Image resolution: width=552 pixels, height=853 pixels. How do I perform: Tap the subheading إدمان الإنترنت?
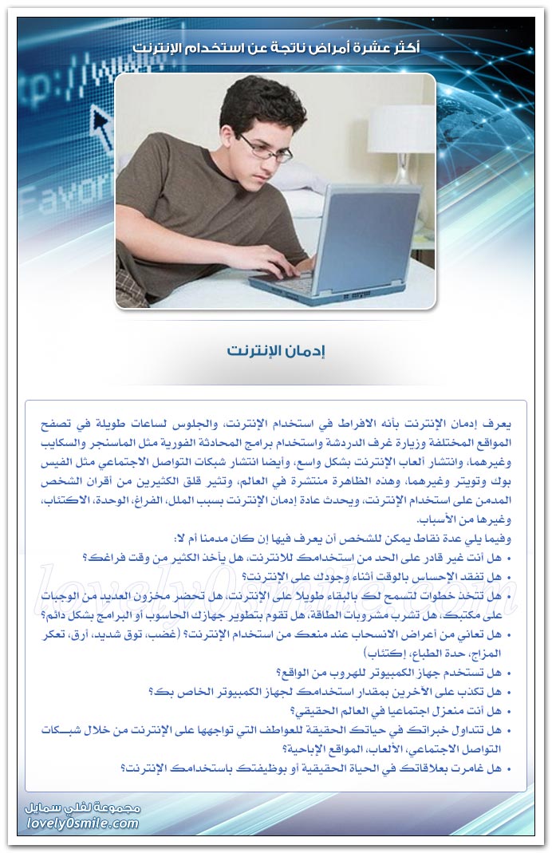click(276, 351)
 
